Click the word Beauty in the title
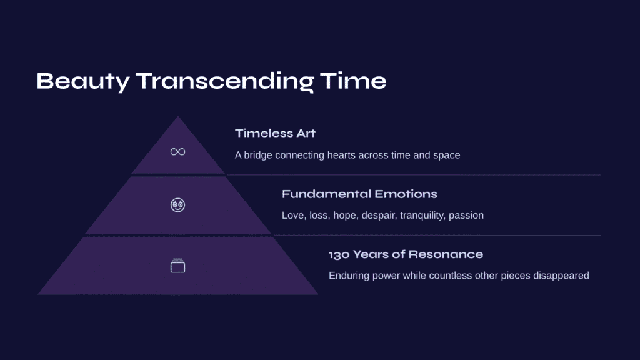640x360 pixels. tap(83, 81)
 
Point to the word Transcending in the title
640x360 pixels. tap(224, 81)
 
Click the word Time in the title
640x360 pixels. tap(353, 81)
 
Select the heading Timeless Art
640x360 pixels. tap(276, 134)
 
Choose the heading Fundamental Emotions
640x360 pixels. tap(359, 194)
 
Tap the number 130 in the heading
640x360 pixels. tap(339, 255)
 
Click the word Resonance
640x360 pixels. tap(446, 254)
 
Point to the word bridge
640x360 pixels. tap(258, 155)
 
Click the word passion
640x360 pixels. tap(466, 216)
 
